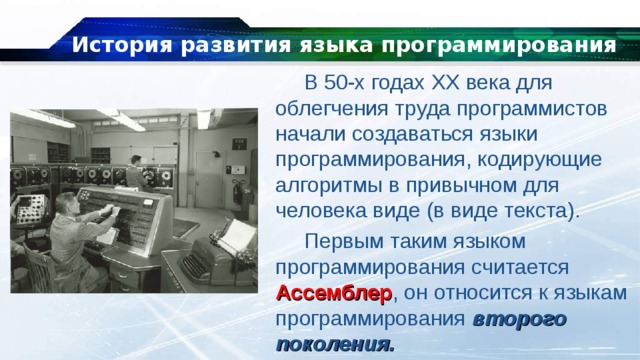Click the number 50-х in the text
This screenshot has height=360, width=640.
[361, 82]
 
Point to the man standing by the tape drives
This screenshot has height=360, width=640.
[134, 171]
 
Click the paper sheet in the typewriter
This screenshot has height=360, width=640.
[237, 235]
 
